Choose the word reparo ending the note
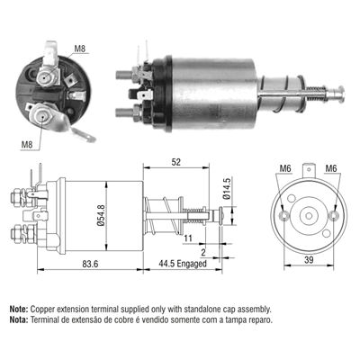pos(255,319)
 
